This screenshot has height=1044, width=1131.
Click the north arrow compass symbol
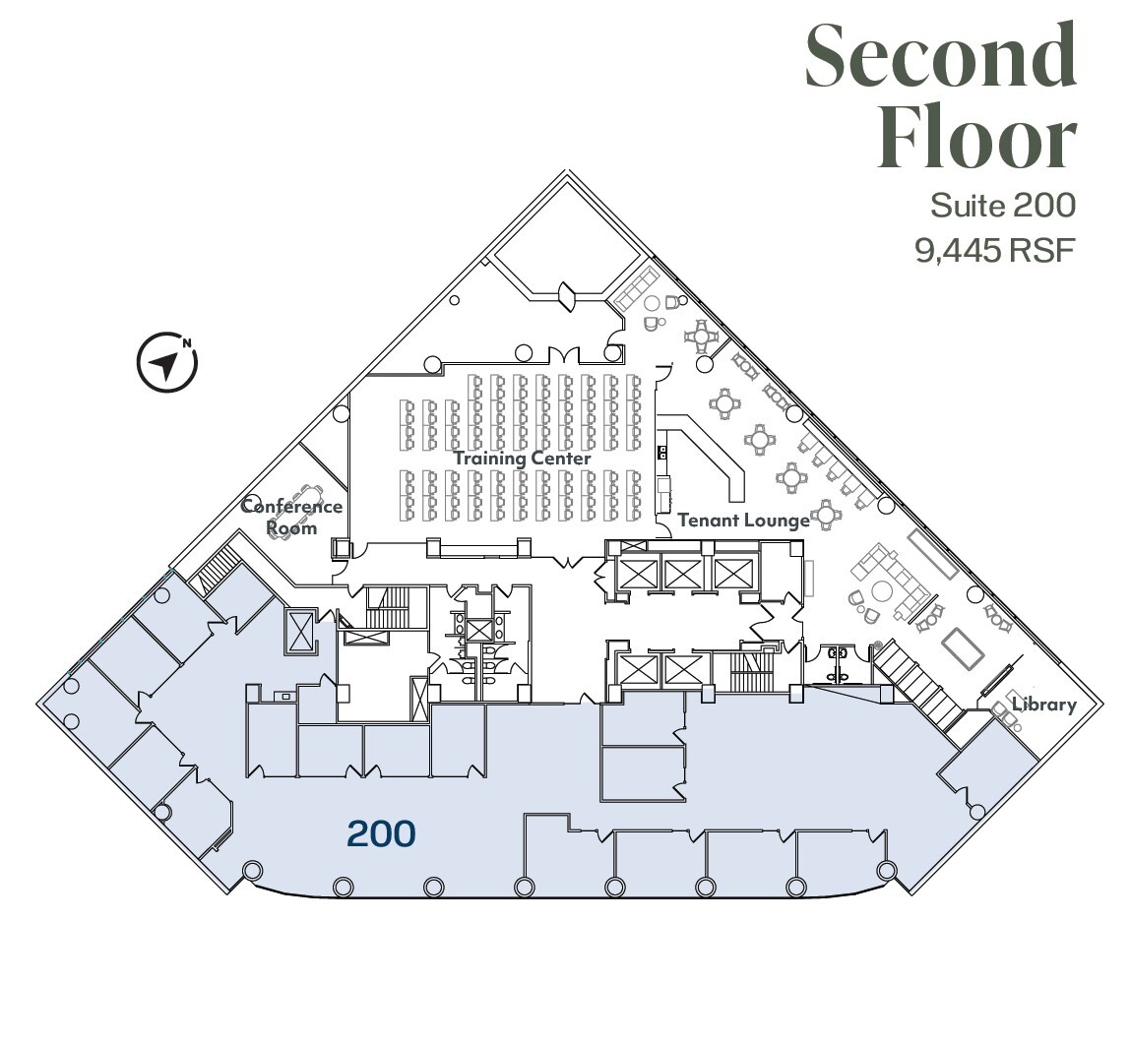click(166, 362)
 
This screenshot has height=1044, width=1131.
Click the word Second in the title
click(940, 55)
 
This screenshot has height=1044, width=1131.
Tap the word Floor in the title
click(976, 140)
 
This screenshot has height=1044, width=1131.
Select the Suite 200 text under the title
click(1002, 206)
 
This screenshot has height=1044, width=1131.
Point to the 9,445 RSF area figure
click(994, 251)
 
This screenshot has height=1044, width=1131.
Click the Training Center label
click(522, 459)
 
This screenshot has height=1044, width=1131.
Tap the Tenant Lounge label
click(743, 520)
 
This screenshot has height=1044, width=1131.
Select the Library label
click(1043, 705)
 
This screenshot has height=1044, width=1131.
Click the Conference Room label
click(292, 517)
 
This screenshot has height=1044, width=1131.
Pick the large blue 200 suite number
click(381, 834)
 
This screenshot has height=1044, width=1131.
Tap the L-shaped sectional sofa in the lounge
click(891, 581)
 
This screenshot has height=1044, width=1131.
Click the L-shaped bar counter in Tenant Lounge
click(714, 453)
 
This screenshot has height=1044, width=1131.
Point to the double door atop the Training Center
click(565, 354)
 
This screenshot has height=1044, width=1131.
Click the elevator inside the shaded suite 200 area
click(299, 631)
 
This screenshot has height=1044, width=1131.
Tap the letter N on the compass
click(186, 343)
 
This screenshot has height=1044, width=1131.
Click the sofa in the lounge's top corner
click(637, 287)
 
